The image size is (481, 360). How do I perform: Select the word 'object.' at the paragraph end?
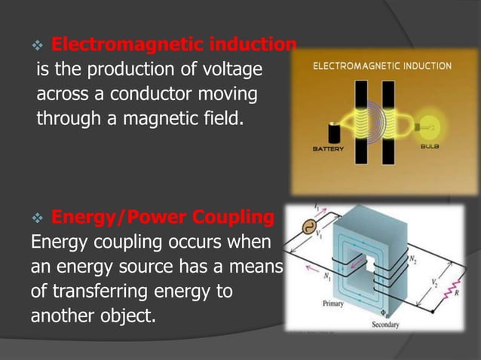tap(120, 316)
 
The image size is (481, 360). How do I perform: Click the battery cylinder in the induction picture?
tap(332, 133)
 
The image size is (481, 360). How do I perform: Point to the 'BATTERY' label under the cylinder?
tap(328, 149)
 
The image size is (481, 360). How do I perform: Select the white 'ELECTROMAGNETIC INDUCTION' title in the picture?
tap(382, 66)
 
